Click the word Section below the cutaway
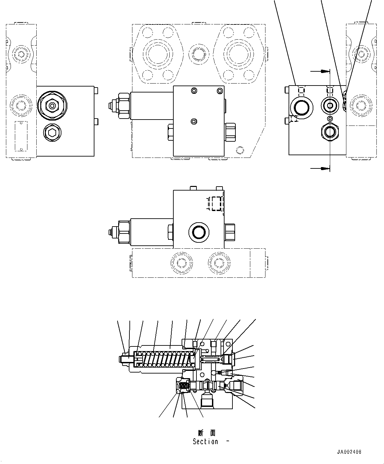[205, 442]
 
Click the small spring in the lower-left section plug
[184, 385]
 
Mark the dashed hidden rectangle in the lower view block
[216, 203]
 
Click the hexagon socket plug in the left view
[52, 133]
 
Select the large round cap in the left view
[52, 106]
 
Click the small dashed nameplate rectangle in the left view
[20, 135]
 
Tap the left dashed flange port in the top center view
[158, 54]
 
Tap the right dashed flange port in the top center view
[238, 54]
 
